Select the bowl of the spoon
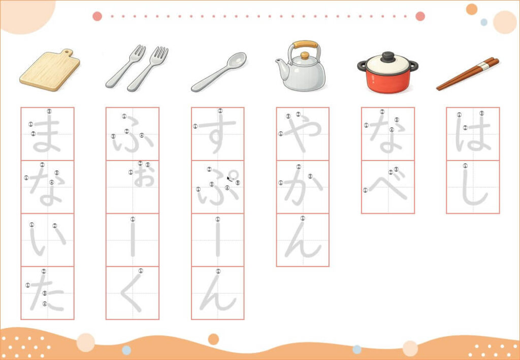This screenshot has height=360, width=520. pos(237,60)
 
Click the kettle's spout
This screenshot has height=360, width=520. pos(281,69)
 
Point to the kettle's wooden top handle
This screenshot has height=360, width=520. pos(305,44)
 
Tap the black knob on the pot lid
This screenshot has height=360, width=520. pos(387,57)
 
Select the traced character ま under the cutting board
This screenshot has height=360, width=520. pos(47,135)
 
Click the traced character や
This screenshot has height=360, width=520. pos(302,133)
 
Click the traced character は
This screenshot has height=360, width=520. pos(473,134)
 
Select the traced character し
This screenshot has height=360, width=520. pos(473,187)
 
